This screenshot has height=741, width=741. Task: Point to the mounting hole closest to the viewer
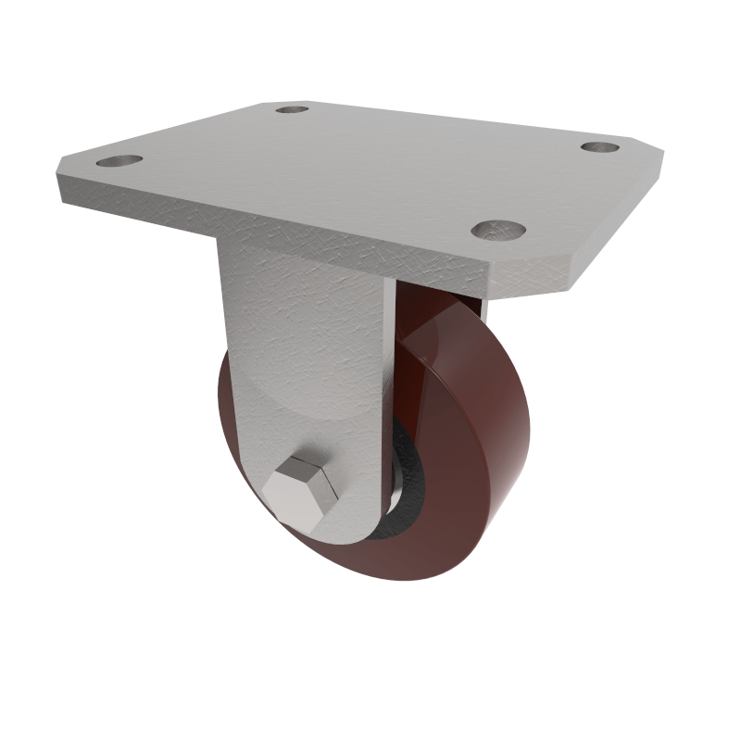click(x=497, y=228)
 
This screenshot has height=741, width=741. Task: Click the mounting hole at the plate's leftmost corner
click(x=119, y=161)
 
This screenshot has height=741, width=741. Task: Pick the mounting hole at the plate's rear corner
click(x=293, y=109)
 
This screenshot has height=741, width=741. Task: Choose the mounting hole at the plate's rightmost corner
click(x=599, y=146)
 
